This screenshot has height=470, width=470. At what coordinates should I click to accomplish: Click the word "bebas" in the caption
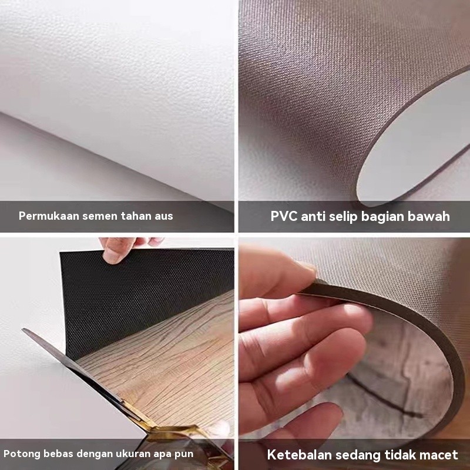click(x=59, y=454)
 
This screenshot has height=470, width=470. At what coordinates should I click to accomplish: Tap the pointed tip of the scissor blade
click(x=23, y=330)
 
